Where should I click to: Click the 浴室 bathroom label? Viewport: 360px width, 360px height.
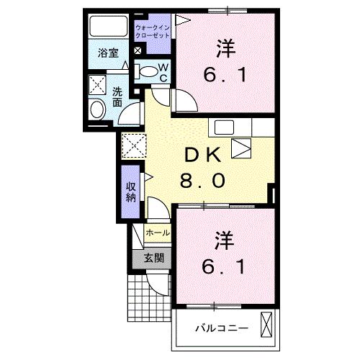(109, 53)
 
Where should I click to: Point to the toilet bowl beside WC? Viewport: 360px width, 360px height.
(148, 71)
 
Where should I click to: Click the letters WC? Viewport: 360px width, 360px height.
(163, 73)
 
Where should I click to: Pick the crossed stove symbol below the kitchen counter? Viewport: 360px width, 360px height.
(241, 149)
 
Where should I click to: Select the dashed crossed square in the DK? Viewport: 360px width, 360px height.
(134, 145)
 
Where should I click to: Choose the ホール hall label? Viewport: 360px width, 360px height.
(158, 233)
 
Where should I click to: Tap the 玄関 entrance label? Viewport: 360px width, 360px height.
(153, 258)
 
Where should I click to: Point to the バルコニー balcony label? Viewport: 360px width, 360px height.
(224, 328)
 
